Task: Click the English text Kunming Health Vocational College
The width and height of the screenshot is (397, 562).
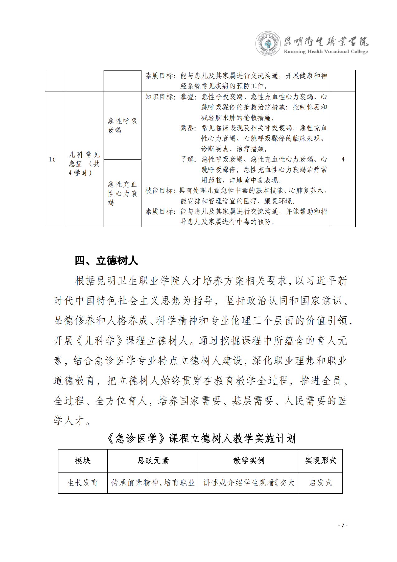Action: pyautogui.click(x=325, y=52)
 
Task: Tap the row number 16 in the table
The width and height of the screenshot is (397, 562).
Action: pyautogui.click(x=52, y=159)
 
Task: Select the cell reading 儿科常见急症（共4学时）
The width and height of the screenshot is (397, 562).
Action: pyautogui.click(x=84, y=164)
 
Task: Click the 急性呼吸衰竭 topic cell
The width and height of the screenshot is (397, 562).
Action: pyautogui.click(x=122, y=125)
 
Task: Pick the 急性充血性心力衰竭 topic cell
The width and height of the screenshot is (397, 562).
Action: pyautogui.click(x=122, y=193)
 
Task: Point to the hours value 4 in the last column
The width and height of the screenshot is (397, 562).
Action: pyautogui.click(x=343, y=159)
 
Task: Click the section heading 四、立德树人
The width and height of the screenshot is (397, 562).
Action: pyautogui.click(x=106, y=261)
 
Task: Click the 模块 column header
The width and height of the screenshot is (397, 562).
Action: pyautogui.click(x=83, y=461)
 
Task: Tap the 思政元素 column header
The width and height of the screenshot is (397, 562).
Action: pyautogui.click(x=153, y=461)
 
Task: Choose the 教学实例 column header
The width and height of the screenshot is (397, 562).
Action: pyautogui.click(x=249, y=461)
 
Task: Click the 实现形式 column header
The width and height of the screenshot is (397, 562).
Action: pyautogui.click(x=320, y=461)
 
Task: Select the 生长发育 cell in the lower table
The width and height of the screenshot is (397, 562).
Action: pyautogui.click(x=83, y=483)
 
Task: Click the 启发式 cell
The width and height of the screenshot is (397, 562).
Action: pyautogui.click(x=320, y=483)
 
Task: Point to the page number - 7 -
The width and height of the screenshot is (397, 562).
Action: pyautogui.click(x=343, y=525)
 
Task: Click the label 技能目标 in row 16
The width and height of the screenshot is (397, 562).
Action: pyautogui.click(x=160, y=191)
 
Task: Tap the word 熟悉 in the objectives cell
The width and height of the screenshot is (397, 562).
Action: pyautogui.click(x=188, y=128)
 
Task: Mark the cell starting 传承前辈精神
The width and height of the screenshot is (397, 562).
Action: pyautogui.click(x=153, y=483)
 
